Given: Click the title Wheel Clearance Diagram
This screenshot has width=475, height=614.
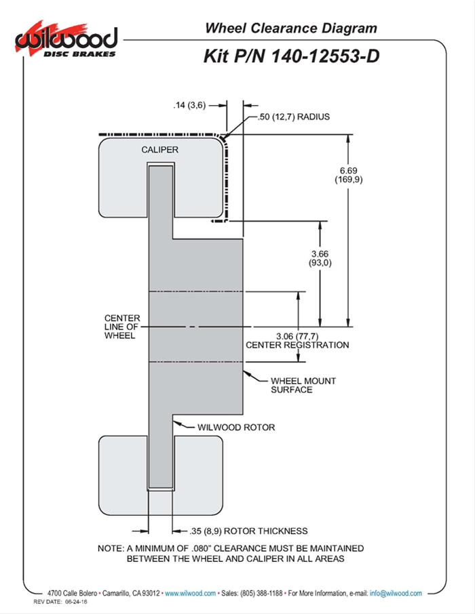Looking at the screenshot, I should pyautogui.click(x=290, y=28).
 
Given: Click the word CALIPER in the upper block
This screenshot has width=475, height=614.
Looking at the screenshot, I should pyautogui.click(x=160, y=149).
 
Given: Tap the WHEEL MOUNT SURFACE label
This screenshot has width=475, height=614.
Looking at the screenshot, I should pyautogui.click(x=303, y=385).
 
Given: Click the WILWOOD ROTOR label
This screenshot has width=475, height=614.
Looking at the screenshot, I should pyautogui.click(x=235, y=428).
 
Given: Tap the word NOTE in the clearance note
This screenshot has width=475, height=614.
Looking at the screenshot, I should pyautogui.click(x=111, y=548).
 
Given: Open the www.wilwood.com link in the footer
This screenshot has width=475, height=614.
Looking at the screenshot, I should pyautogui.click(x=191, y=593).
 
